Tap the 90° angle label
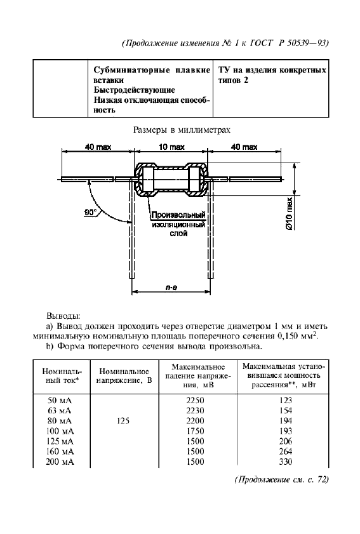pos(92,213)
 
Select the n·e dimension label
pos(171,288)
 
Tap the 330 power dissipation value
pos(283,462)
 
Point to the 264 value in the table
pos(283,451)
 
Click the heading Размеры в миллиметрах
pos(180,130)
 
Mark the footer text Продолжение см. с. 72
pos(281,479)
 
